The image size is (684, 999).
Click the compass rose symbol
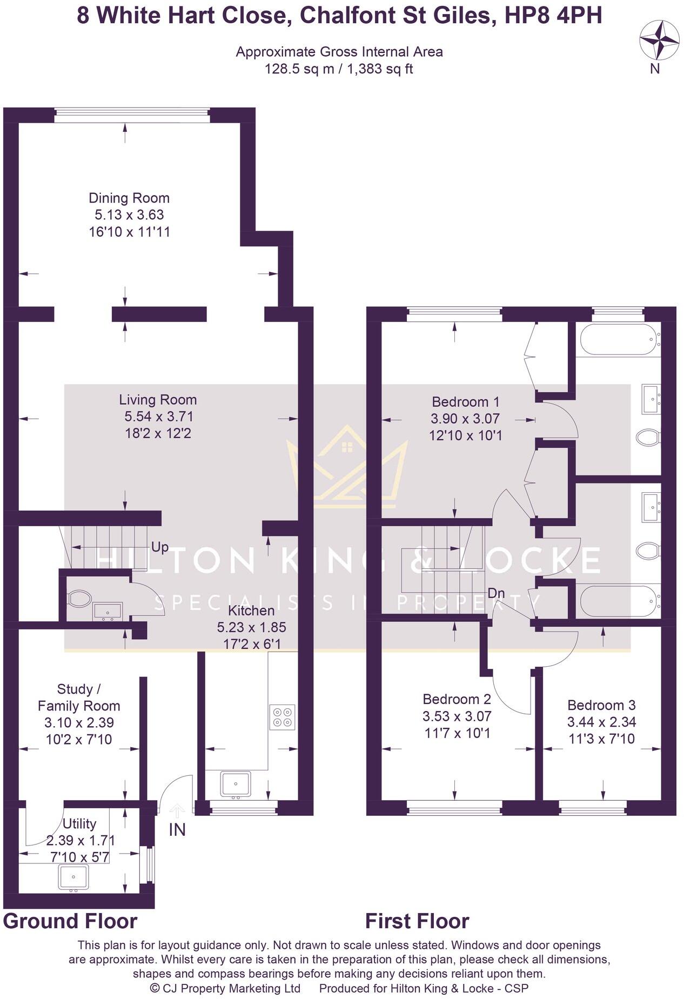659,39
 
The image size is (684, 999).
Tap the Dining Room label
129,198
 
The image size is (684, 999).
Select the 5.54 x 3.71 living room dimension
158,417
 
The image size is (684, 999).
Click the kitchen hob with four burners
283,717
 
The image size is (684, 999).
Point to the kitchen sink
236,784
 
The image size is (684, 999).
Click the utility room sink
73,877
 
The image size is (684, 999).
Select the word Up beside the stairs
160,547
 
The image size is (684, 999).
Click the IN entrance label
177,830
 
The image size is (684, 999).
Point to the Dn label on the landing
496,593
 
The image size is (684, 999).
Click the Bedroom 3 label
601,705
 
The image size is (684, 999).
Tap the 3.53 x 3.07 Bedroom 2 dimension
457,716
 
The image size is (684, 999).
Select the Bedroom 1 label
465,402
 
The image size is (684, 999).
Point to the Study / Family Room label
79,698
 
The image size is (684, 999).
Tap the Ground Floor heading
70,921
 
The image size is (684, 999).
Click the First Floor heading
417,921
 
